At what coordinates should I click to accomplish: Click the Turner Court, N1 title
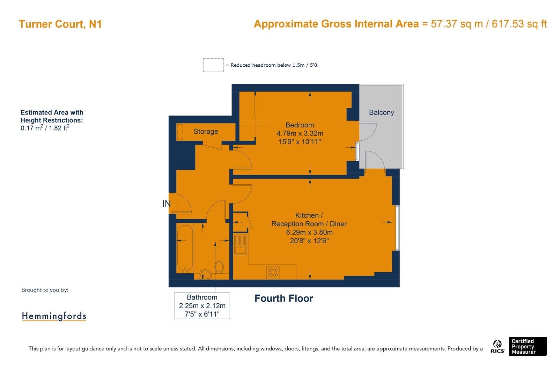[60, 24]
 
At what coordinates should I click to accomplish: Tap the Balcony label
[381, 112]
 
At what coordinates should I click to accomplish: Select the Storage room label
[206, 132]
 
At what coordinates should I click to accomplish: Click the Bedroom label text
[300, 125]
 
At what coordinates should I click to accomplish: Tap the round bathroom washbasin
[205, 275]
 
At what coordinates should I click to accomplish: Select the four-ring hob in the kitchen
[273, 272]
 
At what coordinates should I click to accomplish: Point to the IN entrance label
[166, 204]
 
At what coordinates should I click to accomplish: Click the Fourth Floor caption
[283, 298]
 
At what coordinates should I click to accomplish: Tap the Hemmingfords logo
[54, 316]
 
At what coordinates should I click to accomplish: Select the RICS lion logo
[497, 347]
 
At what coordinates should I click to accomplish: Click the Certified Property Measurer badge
[527, 346]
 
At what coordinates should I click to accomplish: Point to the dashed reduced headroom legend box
[213, 65]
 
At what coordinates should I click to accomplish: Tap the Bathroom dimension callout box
[202, 305]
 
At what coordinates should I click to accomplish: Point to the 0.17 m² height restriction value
[32, 128]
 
